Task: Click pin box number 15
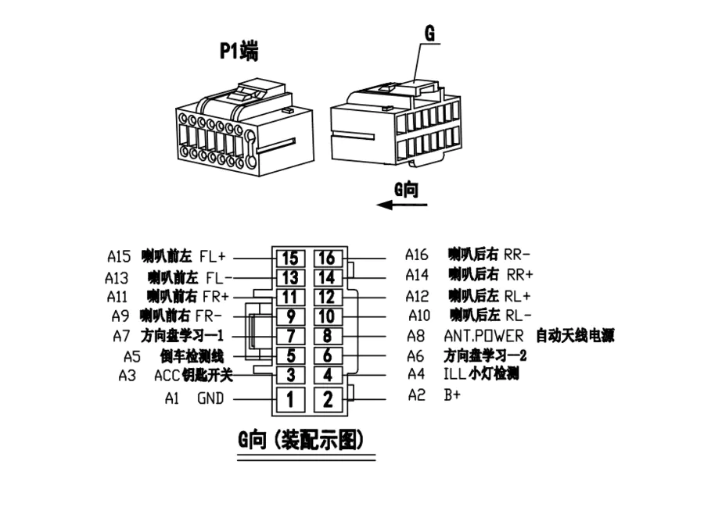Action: [x=289, y=258]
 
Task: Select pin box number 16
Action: [x=328, y=258]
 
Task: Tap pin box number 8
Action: [x=328, y=337]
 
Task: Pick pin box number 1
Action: [x=289, y=400]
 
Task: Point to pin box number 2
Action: [x=328, y=400]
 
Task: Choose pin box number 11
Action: [x=289, y=297]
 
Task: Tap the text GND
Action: [x=210, y=398]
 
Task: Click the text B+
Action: [x=452, y=395]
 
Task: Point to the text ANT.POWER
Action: [x=483, y=336]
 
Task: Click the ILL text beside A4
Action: [x=454, y=374]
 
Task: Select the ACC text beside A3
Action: [x=167, y=375]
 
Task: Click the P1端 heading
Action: [x=239, y=52]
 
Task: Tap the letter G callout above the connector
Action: [x=429, y=34]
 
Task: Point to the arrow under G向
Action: [x=402, y=205]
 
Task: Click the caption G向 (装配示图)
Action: [x=301, y=440]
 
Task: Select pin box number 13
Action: [x=289, y=277]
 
